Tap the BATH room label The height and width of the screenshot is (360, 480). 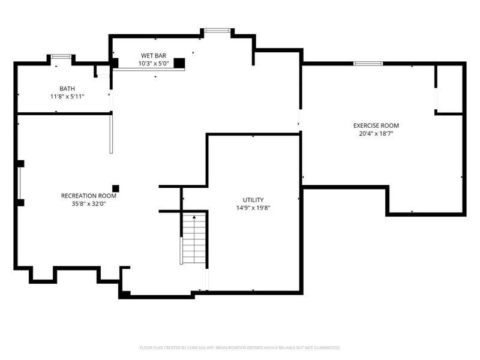(67, 88)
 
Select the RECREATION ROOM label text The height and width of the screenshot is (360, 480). (88, 196)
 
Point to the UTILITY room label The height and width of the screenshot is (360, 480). (253, 200)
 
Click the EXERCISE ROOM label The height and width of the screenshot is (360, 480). (376, 125)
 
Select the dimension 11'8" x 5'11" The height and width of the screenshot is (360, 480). (67, 96)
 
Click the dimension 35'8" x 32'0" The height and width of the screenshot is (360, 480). (88, 203)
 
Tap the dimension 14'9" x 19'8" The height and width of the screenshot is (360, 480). (253, 208)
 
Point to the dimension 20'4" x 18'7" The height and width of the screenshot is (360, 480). (376, 133)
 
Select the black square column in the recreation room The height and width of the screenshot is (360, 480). (116, 188)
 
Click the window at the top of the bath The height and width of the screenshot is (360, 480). (61, 56)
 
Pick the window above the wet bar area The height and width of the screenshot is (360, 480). (217, 30)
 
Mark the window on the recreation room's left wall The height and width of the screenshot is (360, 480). (19, 182)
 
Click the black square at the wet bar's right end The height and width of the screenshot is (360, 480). (179, 62)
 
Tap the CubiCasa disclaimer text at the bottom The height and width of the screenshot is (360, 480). (240, 347)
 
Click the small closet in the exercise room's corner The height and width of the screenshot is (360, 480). (448, 88)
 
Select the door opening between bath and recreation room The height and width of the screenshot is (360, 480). (110, 101)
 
